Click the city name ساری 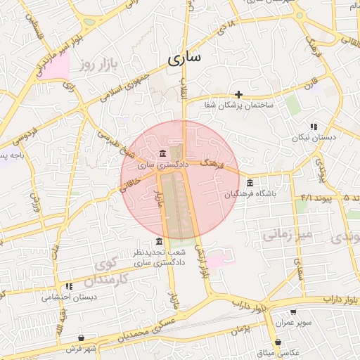[185, 58]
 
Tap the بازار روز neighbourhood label [96, 65]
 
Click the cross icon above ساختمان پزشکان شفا [239, 94]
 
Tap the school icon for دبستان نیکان [314, 127]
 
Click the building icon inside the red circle [163, 154]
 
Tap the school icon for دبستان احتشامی [68, 286]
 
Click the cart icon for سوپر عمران [293, 311]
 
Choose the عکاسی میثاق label [280, 352]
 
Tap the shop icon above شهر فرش [82, 338]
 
